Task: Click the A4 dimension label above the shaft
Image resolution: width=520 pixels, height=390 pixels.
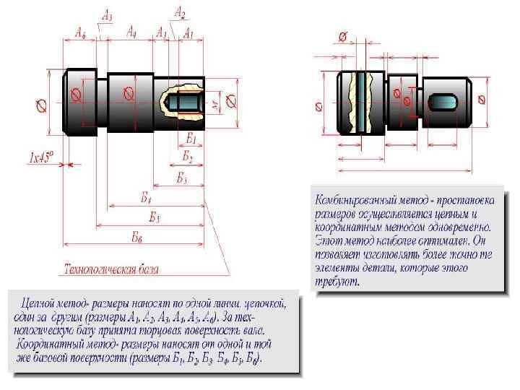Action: tap(132, 32)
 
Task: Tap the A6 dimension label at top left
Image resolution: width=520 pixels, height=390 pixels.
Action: tap(81, 32)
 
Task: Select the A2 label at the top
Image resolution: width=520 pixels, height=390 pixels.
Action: tap(180, 12)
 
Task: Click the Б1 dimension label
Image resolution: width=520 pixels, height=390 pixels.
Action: tap(191, 136)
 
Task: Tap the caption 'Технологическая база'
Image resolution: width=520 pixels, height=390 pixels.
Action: tap(112, 269)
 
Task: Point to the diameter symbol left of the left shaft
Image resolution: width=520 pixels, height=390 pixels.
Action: tap(42, 105)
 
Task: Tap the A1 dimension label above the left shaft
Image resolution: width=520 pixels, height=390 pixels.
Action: tap(188, 33)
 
